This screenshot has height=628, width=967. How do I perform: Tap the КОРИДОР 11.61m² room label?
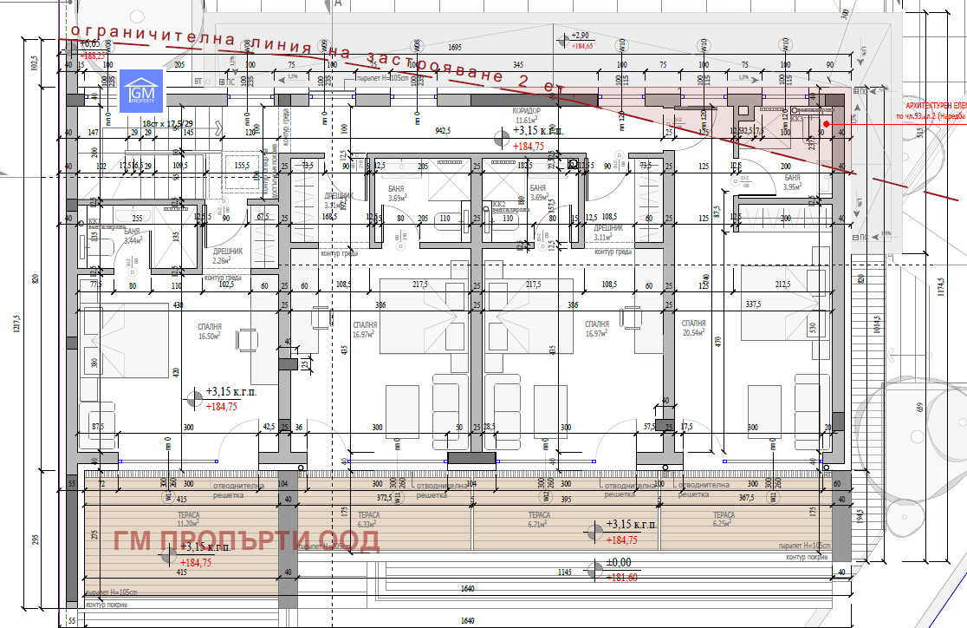coord(527,116)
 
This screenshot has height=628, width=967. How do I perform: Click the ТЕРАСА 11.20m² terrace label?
coord(188,519)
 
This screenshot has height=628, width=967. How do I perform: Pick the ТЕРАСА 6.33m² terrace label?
coord(368,519)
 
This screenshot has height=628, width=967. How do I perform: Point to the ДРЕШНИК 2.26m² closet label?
coord(228,255)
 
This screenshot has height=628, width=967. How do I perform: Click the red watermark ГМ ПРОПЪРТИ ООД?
coord(246,540)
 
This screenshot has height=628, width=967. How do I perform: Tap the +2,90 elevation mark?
coord(580,36)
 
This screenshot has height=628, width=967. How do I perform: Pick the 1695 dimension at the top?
coord(454,47)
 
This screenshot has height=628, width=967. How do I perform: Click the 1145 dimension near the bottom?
coord(564,572)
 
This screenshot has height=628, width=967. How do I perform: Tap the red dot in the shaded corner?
coord(827,124)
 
